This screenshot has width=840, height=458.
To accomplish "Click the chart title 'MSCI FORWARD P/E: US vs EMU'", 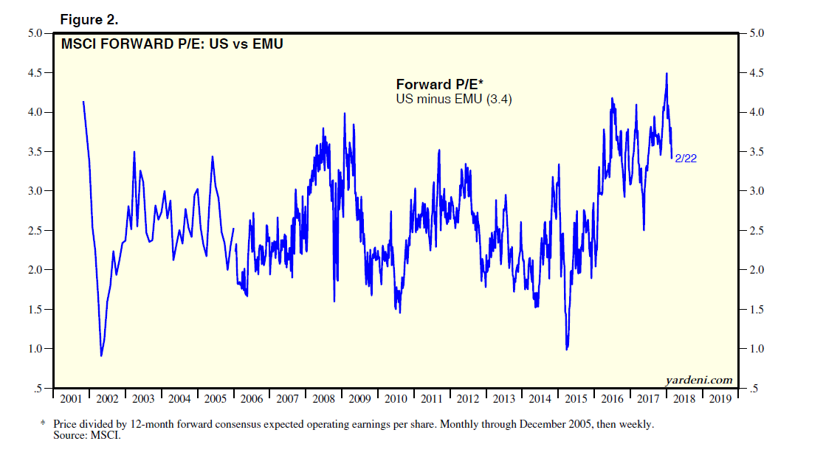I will [x=172, y=44].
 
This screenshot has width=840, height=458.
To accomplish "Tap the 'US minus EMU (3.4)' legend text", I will [x=454, y=98].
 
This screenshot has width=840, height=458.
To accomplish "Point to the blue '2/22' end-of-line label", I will [x=685, y=158].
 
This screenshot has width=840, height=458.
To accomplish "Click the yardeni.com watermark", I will [x=698, y=380].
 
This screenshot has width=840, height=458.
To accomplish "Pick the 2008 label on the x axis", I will [x=324, y=398].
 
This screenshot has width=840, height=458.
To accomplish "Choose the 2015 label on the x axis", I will [x=577, y=398].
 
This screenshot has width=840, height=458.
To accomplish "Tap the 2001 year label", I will [x=71, y=398].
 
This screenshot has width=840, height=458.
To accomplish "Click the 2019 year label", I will [x=721, y=398].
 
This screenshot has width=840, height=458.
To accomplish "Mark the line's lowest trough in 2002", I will [x=101, y=355].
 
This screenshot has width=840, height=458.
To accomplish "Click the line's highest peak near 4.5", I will [x=667, y=74].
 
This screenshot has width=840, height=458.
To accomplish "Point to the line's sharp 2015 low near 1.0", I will [x=566, y=349].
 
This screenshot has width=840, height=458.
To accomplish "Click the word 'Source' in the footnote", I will [x=69, y=436].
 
